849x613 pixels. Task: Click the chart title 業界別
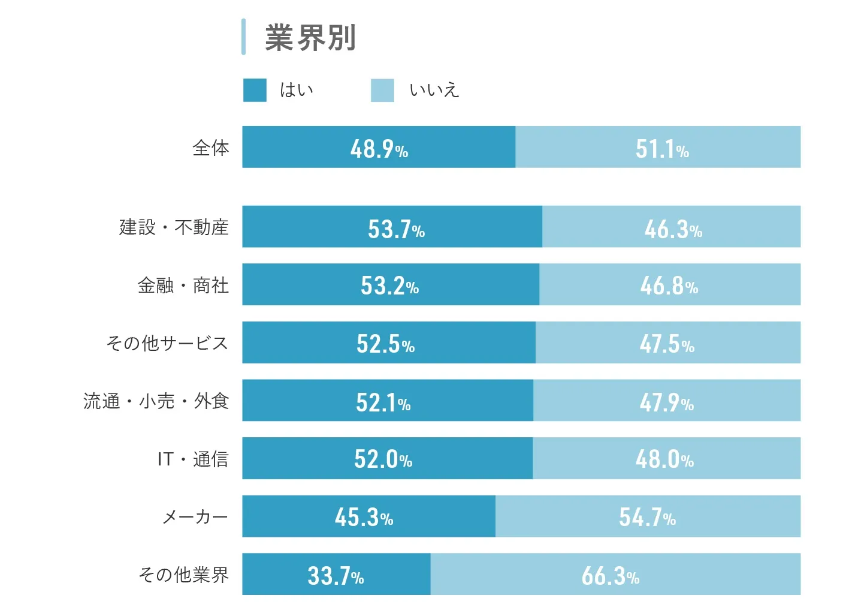pos(310,37)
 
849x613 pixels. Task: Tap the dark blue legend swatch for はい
pos(255,90)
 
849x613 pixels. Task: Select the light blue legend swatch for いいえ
pos(382,90)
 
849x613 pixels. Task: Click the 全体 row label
pos(211,148)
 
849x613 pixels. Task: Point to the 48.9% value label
pos(379,149)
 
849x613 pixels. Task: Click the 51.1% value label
pos(662,149)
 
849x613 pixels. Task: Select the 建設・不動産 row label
pos(174,227)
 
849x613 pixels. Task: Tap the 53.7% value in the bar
pos(396,229)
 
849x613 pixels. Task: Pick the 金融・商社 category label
pos(183,286)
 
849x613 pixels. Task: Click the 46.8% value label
pos(669,286)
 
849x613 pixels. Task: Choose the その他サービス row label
pos(167,343)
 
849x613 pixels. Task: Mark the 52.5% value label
pos(385,344)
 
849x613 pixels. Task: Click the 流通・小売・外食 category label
pos(156,401)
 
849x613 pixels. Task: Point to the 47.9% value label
pos(666,402)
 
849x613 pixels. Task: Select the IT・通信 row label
pos(193,459)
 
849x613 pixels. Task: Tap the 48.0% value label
pos(664,459)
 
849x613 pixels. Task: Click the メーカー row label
pos(195,516)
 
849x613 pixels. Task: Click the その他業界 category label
pos(183,575)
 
